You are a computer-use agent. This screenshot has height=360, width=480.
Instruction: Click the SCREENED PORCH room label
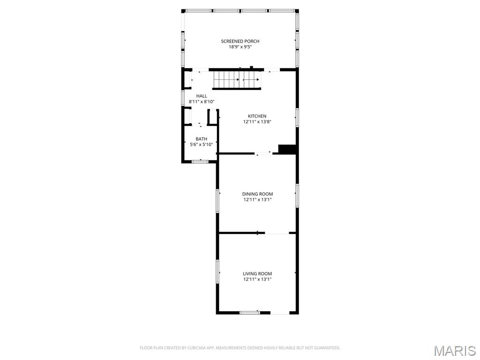point(240,41)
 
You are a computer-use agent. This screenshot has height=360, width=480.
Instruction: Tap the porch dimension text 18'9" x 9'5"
point(240,47)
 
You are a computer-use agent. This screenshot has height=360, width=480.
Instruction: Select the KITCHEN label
point(257,116)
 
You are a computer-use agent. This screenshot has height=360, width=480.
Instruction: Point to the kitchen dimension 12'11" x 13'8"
point(257,122)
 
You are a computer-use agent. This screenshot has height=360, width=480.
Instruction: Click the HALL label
point(202,96)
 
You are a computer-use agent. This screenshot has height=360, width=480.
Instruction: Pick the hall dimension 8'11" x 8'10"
point(202,102)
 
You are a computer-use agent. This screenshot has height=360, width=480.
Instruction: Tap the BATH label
point(202,139)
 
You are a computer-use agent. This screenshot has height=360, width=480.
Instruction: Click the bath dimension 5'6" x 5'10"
point(202,144)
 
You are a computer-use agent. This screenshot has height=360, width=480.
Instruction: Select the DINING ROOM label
point(257,194)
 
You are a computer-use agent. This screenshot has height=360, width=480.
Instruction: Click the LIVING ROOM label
point(257,274)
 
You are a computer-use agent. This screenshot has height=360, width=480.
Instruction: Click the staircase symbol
point(237,79)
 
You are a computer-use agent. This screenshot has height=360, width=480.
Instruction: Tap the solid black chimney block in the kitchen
point(288,149)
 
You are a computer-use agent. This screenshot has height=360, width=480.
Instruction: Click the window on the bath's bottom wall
point(201,162)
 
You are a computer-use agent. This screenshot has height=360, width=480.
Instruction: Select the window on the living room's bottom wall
point(249,312)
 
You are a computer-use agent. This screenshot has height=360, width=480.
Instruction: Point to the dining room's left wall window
point(217,201)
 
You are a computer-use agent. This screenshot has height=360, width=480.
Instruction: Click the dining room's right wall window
point(297,195)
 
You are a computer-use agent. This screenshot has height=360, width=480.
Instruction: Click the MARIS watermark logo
point(454,350)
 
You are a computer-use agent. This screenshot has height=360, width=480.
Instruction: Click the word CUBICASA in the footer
point(193,348)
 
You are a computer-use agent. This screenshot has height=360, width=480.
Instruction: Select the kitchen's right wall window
point(297,117)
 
